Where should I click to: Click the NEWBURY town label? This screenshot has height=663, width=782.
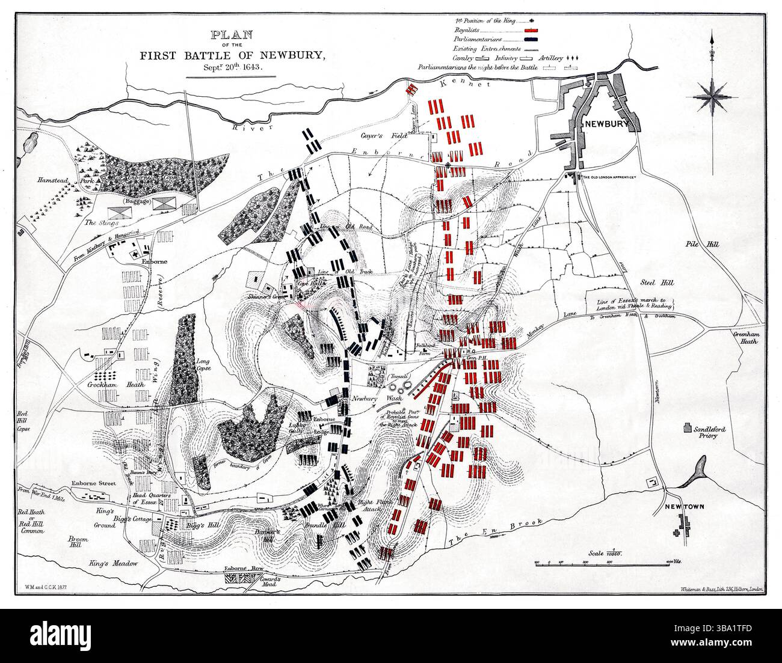[605, 124]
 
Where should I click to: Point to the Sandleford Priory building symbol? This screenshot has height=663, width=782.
[686, 429]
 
